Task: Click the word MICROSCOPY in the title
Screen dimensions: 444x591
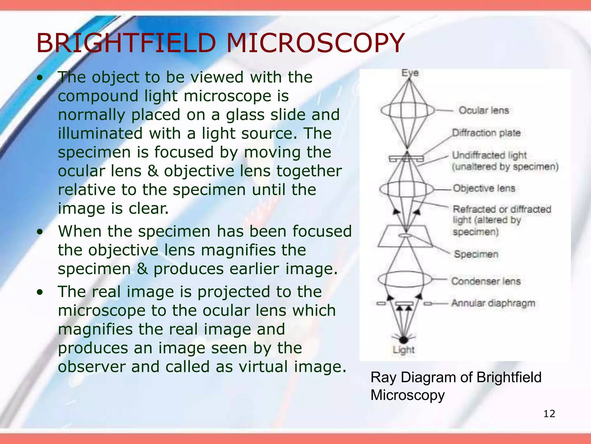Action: tap(315, 43)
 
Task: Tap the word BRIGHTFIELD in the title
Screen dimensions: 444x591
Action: tap(126, 43)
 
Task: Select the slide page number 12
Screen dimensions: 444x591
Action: tap(549, 414)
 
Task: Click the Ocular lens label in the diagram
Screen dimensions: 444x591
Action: tap(484, 110)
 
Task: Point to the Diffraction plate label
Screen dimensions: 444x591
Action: tap(486, 133)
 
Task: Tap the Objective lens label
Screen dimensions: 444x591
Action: tap(484, 188)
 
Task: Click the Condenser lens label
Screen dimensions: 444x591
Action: tap(486, 281)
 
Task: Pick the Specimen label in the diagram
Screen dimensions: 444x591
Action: tap(476, 254)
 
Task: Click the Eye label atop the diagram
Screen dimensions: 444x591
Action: tap(410, 73)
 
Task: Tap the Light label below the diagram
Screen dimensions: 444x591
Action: tap(403, 350)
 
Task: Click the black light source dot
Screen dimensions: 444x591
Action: tap(403, 340)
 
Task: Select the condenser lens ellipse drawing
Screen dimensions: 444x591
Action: tap(405, 279)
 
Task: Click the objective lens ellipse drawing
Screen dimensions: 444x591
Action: tap(407, 189)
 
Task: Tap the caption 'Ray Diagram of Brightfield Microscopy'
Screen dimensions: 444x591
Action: tap(456, 386)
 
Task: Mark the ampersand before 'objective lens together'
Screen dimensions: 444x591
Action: tap(153, 171)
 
